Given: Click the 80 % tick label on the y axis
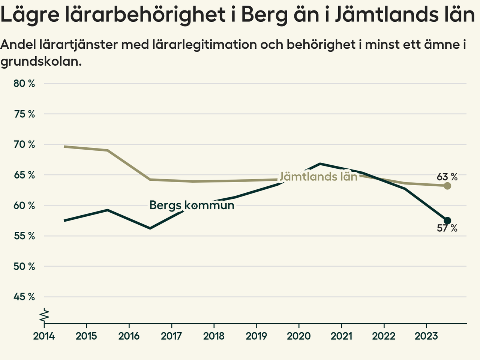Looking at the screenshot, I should tap(24, 84).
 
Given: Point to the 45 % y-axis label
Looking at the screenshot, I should tap(24, 297).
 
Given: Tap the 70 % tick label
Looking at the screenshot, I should tap(24, 144).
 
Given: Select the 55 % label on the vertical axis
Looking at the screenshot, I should tap(24, 236).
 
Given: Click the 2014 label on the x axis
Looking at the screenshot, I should tap(44, 336).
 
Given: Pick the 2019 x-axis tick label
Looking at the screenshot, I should tap(256, 336).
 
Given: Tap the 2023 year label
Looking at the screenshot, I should tap(426, 336).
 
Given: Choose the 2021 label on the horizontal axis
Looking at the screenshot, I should tap(341, 336).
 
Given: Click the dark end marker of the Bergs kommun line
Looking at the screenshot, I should tap(447, 220).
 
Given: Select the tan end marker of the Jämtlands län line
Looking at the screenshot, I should tap(447, 186).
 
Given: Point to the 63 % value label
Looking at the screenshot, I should tap(447, 177).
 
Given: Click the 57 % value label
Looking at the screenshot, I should tap(447, 228).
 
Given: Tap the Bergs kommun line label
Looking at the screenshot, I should tap(192, 205).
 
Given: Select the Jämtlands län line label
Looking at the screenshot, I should tap(318, 176).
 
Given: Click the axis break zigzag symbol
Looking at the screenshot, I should tap(45, 315).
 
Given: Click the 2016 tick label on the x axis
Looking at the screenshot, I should tap(129, 336).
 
